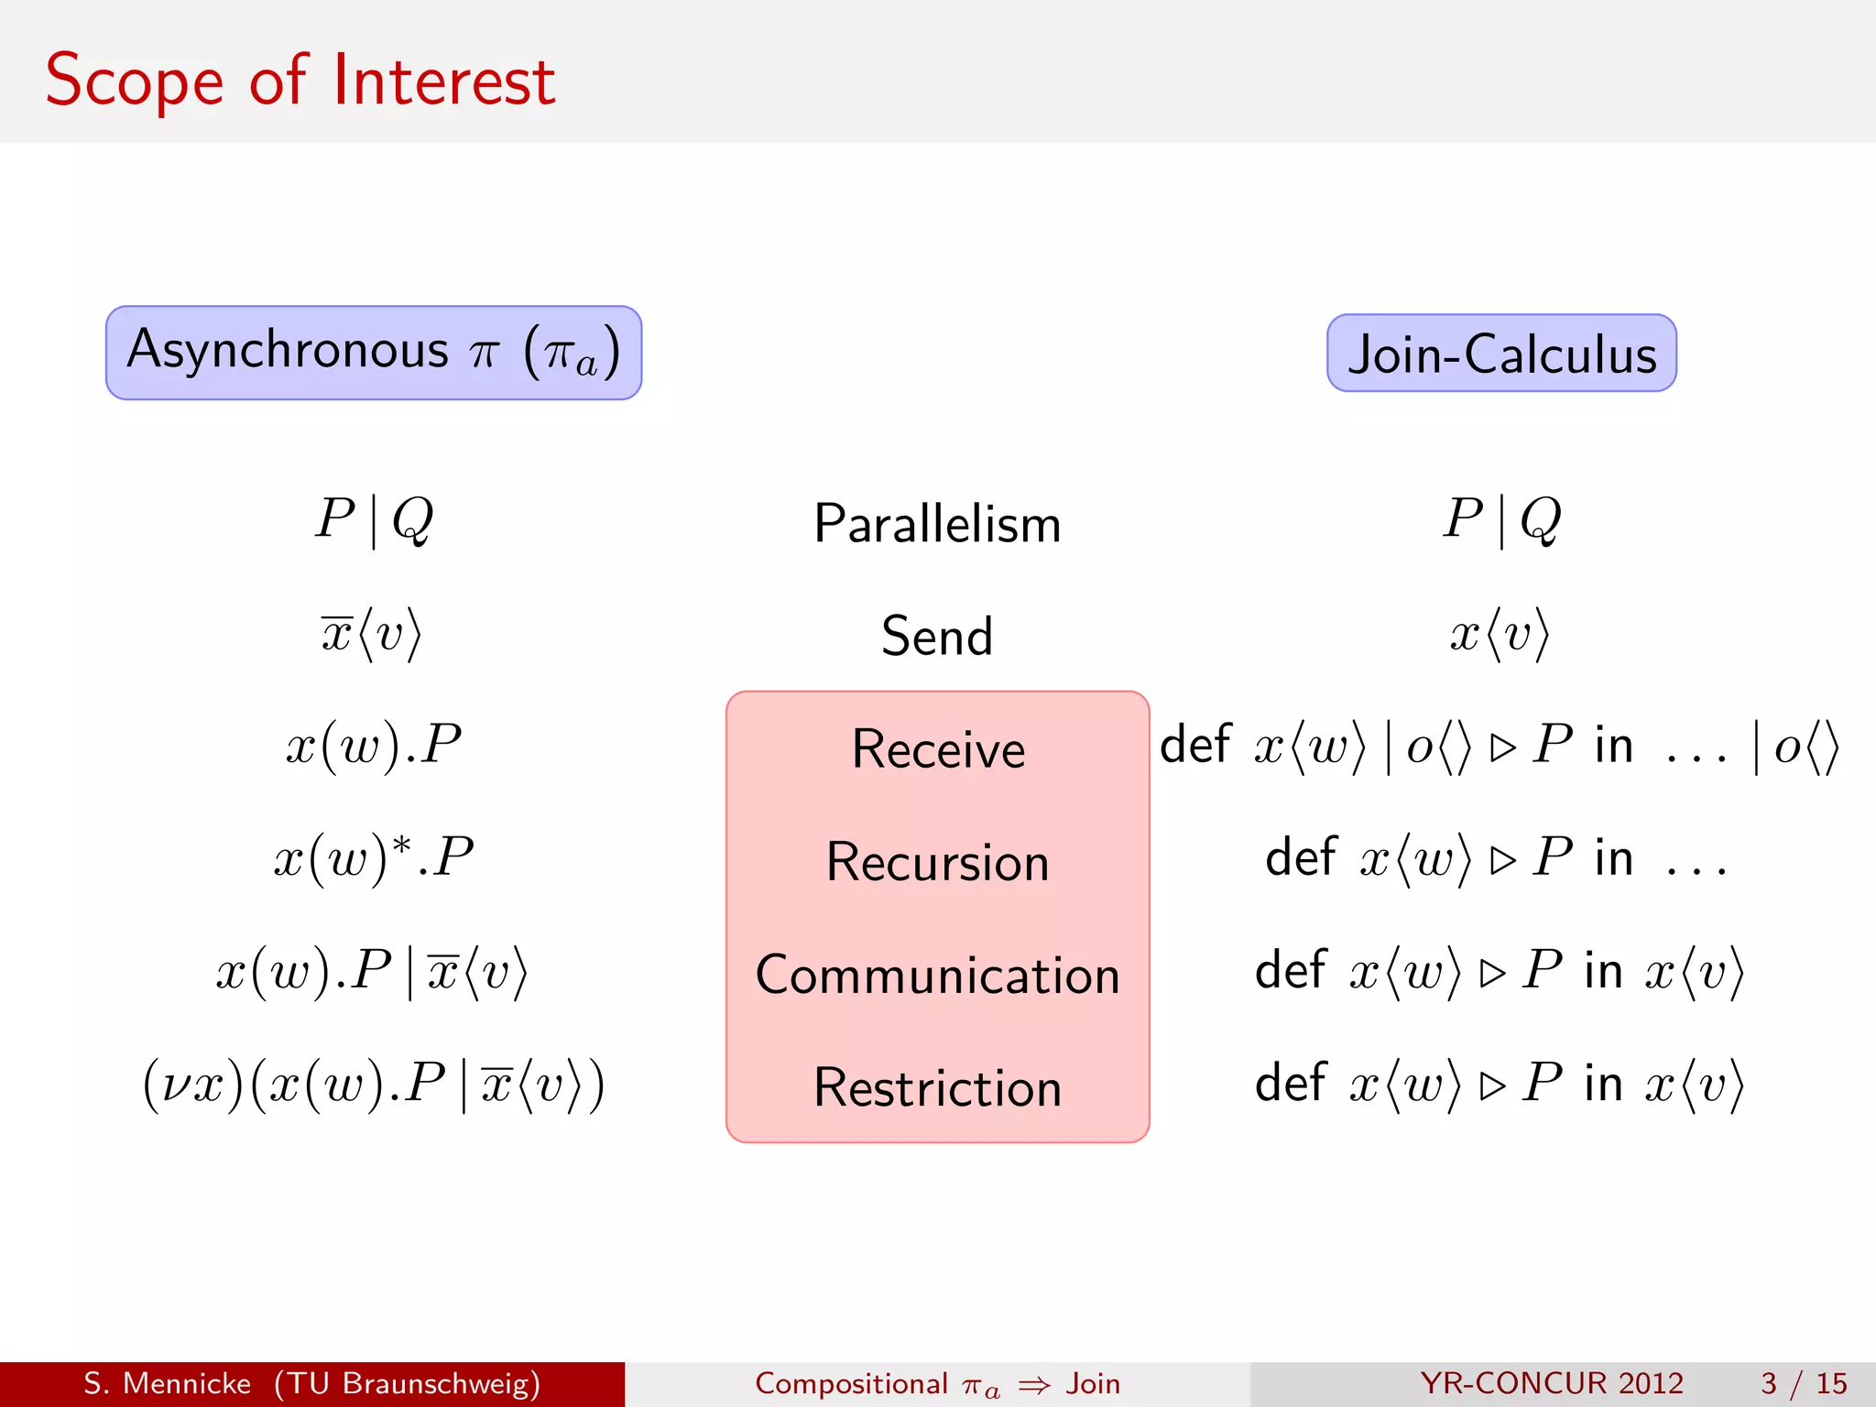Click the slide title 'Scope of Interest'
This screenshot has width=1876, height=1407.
[300, 81]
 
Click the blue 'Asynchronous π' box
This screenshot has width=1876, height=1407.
[374, 353]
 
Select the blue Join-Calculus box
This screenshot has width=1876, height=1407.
[1501, 354]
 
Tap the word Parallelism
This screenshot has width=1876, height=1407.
[937, 524]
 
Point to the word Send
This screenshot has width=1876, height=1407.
[937, 636]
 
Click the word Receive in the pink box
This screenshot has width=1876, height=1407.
[938, 749]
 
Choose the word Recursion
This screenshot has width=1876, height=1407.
[937, 862]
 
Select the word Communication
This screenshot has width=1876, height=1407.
[937, 975]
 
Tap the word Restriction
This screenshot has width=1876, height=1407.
[937, 1088]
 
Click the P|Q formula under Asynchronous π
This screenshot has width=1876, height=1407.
[374, 519]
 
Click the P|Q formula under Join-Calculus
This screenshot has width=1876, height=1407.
[1501, 519]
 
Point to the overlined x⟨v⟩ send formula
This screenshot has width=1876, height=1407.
[371, 633]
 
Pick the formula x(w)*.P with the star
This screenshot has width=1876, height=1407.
[374, 858]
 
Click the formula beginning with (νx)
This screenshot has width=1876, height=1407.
[374, 1085]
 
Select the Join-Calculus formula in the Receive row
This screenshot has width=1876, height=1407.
[1499, 746]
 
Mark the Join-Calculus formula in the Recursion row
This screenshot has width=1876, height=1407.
[1496, 859]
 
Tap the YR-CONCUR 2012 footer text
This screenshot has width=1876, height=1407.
[1552, 1383]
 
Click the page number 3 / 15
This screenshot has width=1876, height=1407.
[1803, 1383]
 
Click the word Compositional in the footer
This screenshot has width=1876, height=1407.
[851, 1383]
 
